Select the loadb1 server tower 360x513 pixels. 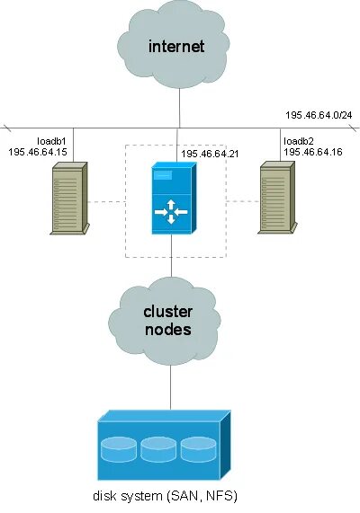coord(69,199)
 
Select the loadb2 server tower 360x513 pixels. coord(279,199)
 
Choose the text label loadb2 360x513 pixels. coord(297,141)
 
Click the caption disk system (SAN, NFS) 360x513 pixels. coord(166,495)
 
